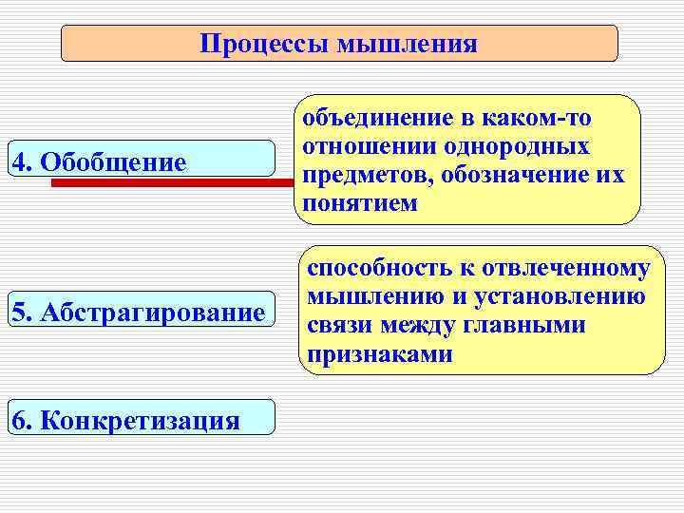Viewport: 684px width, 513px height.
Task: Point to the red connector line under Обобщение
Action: (171, 181)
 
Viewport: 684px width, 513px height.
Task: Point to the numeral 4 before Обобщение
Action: (19, 161)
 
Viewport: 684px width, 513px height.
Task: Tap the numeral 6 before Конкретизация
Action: (19, 419)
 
